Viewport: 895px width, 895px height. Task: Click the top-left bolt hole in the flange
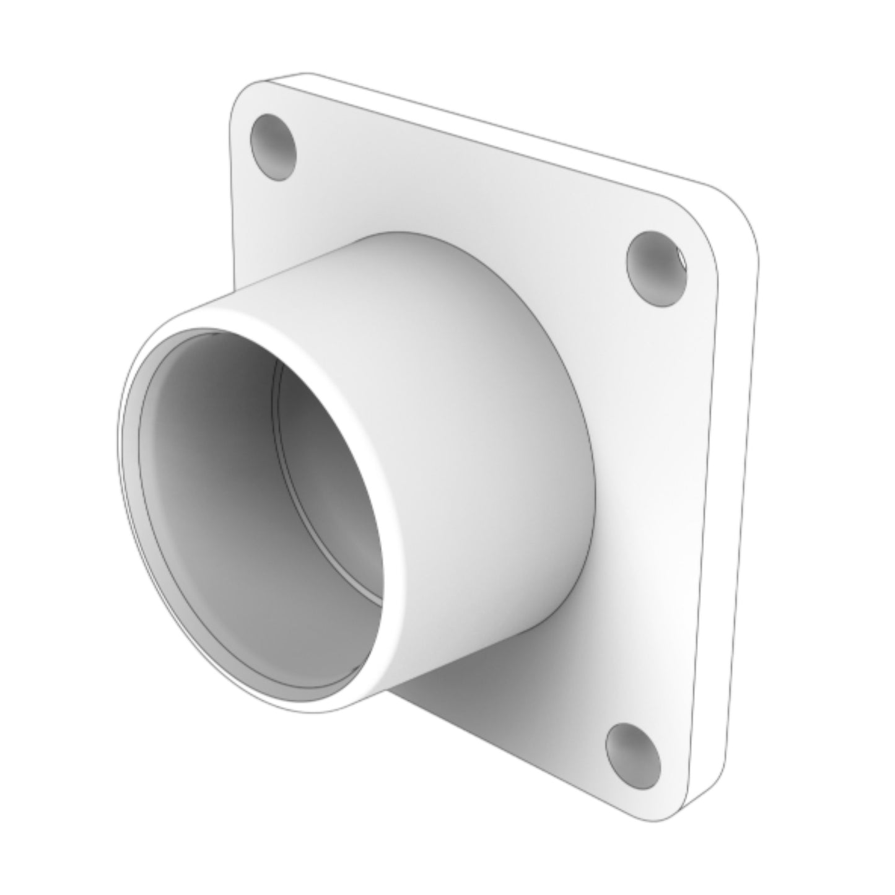tap(273, 147)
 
